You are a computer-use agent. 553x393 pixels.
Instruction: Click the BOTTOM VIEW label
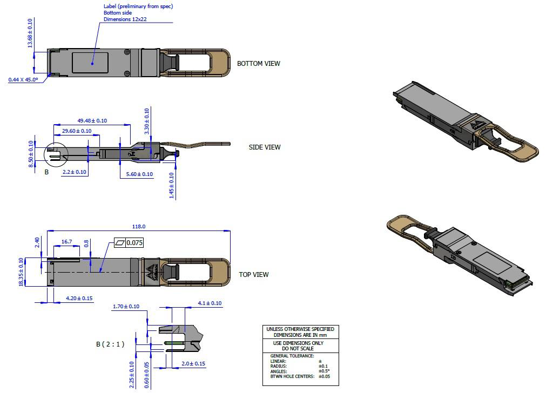[259, 64]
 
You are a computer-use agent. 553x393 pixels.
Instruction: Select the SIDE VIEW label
[265, 147]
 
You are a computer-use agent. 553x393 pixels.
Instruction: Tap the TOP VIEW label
[254, 275]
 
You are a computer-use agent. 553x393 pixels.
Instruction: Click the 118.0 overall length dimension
[139, 227]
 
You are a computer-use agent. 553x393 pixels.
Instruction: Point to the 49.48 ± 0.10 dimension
[92, 121]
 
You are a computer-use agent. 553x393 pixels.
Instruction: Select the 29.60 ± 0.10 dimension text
[77, 131]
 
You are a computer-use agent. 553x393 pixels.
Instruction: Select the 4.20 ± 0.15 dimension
[79, 299]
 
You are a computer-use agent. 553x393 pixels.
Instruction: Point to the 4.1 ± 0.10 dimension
[210, 303]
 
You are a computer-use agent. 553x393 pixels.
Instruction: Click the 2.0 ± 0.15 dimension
[193, 364]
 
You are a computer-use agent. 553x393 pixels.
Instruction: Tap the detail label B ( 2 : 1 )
[110, 344]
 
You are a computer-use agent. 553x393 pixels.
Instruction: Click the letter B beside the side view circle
[46, 172]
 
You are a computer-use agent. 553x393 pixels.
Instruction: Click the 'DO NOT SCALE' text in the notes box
[300, 349]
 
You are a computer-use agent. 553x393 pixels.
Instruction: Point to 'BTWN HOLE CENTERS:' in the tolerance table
[292, 376]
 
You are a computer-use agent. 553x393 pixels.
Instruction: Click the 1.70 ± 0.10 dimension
[126, 307]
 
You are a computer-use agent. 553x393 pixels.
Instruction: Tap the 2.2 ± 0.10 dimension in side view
[74, 172]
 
